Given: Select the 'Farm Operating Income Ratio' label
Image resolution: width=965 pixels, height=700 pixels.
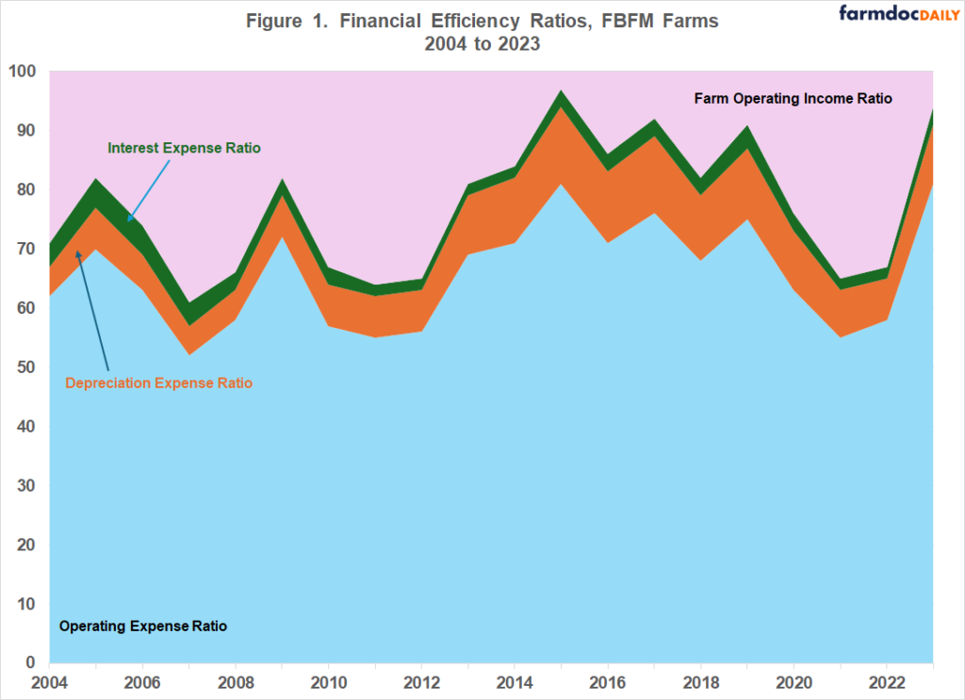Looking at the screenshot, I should tap(793, 98).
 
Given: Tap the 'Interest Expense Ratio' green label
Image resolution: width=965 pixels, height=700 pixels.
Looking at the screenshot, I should tap(184, 148).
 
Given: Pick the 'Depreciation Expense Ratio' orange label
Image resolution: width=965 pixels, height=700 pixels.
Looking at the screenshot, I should tap(158, 383).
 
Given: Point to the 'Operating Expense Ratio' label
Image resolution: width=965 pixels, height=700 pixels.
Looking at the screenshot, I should tap(142, 626).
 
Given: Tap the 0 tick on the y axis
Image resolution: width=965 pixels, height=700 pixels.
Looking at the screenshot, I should tap(31, 663).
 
